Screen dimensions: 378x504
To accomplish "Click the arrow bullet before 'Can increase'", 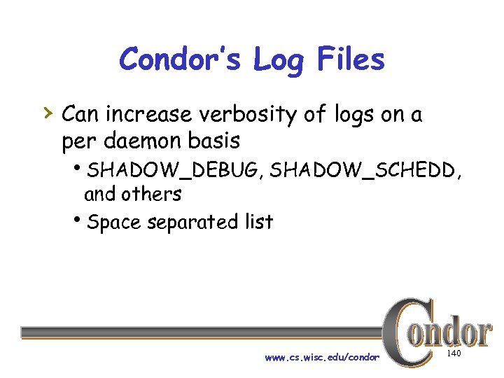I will [45, 112].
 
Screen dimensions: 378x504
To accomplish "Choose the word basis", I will [215, 141].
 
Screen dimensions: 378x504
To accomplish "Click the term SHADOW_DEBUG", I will [175, 169].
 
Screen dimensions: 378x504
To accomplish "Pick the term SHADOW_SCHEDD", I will [364, 169].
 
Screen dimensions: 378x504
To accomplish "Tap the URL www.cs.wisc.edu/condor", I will [321, 358].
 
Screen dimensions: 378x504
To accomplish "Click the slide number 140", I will [454, 355].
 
